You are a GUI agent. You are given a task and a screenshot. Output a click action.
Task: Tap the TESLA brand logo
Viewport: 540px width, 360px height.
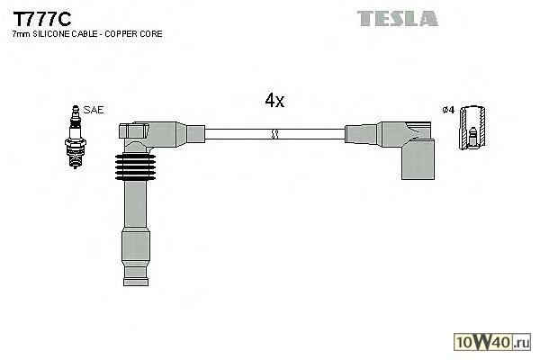(x=397, y=18)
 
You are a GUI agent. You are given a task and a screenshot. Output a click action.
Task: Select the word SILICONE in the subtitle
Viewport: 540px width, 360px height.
(x=51, y=34)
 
